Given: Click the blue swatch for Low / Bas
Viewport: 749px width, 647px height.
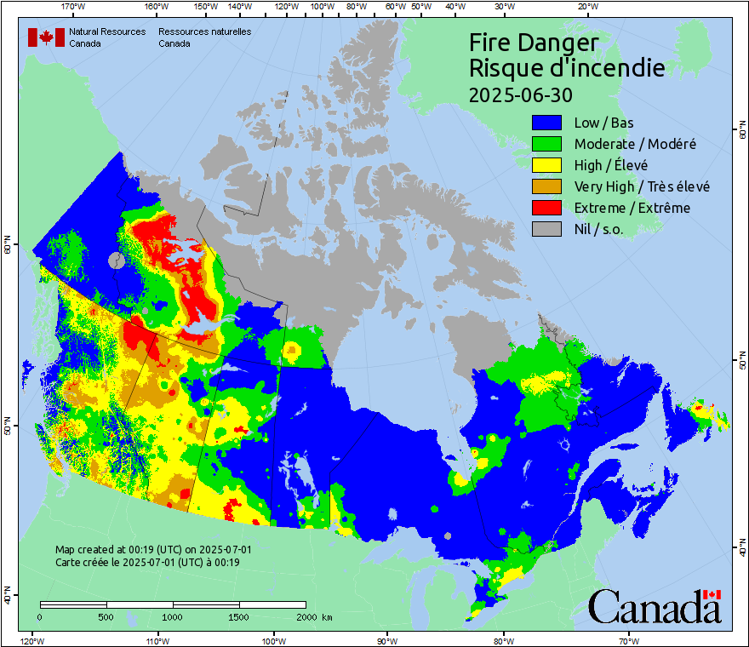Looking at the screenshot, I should (x=547, y=123).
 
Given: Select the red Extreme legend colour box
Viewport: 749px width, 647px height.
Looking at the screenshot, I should (x=547, y=208).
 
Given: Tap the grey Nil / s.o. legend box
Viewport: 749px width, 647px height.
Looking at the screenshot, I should (x=547, y=229).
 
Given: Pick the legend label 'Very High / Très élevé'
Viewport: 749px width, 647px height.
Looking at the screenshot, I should (x=641, y=186).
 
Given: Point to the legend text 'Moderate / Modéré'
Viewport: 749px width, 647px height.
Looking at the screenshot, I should (x=634, y=144).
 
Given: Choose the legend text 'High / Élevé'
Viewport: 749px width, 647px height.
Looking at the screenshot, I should (x=610, y=165).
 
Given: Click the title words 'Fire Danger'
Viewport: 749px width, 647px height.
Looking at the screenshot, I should (x=534, y=43).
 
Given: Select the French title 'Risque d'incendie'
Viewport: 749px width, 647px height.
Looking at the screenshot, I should (x=567, y=68).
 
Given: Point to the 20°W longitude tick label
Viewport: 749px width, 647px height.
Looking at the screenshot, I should (x=586, y=7).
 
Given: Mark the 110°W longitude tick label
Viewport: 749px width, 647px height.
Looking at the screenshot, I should (x=156, y=640).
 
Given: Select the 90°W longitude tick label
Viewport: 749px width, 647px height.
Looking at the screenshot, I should (x=387, y=640).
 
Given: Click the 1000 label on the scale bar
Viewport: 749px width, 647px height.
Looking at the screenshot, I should (x=173, y=616).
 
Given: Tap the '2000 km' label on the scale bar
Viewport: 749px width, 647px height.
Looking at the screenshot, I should (x=314, y=616).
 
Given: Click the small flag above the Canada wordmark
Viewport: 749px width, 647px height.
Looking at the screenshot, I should (x=712, y=595).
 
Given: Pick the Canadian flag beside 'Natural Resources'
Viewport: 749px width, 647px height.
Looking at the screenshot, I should (x=46, y=37).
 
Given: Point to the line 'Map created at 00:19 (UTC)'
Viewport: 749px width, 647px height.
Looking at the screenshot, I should (x=153, y=550).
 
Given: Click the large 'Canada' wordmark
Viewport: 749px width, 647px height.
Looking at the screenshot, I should (x=654, y=608).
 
